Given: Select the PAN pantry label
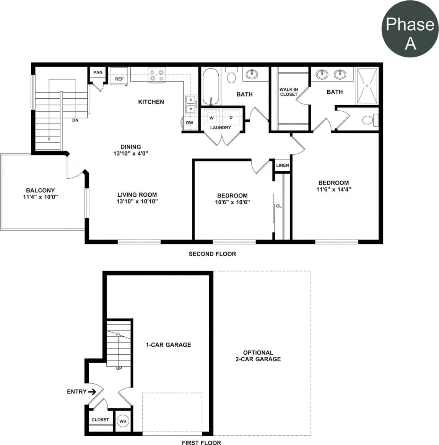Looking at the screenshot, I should pyautogui.click(x=98, y=72).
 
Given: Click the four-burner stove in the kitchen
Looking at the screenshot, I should pyautogui.click(x=157, y=75).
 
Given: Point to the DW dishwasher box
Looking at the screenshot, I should pyautogui.click(x=190, y=123).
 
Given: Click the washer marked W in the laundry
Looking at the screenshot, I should pyautogui.click(x=211, y=118).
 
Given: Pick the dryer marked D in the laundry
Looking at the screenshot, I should pyautogui.click(x=231, y=117).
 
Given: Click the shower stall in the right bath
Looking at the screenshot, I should pyautogui.click(x=367, y=86).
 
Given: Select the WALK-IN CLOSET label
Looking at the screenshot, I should pyautogui.click(x=288, y=92).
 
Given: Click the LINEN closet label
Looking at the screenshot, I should pyautogui.click(x=283, y=165).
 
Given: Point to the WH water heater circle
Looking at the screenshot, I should pyautogui.click(x=123, y=421).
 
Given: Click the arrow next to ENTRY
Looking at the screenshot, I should pyautogui.click(x=92, y=391).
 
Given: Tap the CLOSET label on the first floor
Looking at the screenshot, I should pyautogui.click(x=100, y=420).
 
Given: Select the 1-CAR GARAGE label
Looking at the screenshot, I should pyautogui.click(x=168, y=345).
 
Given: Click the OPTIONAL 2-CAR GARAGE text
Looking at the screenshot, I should pyautogui.click(x=258, y=356).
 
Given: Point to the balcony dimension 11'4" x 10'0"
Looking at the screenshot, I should pyautogui.click(x=40, y=197).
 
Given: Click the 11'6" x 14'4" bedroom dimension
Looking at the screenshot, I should pyautogui.click(x=334, y=189).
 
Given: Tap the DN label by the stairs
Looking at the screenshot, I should pyautogui.click(x=75, y=120).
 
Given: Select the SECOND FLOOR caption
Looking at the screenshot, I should pyautogui.click(x=212, y=254).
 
